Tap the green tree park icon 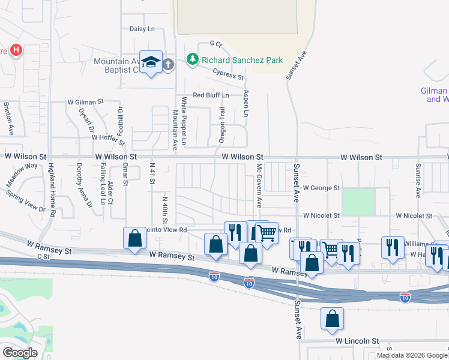coord(192,59)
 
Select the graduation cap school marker coord(151,62)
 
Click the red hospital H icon coord(17,51)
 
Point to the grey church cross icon coord(168,64)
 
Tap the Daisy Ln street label coord(142,29)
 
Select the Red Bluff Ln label coord(211,95)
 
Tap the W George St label coord(321,188)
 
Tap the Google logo coord(19,353)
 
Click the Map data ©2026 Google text coord(412,355)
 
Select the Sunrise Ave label coord(418,179)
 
